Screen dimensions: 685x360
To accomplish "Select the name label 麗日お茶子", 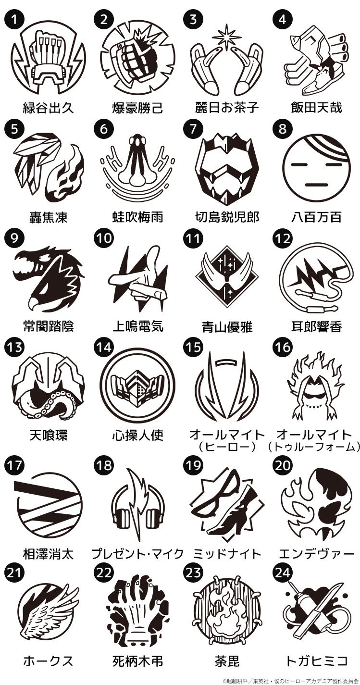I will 228,107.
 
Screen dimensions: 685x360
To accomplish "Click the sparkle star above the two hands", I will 227,35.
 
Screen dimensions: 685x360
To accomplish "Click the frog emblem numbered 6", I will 138,165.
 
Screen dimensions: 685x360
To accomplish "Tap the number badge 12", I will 283,239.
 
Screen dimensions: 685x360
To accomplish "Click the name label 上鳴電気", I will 138,326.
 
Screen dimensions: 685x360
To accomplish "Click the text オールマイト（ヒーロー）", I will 227,440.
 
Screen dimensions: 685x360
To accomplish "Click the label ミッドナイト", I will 228,554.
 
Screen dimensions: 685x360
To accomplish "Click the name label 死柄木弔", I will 138,661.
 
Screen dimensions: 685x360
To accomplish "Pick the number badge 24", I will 283,573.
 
